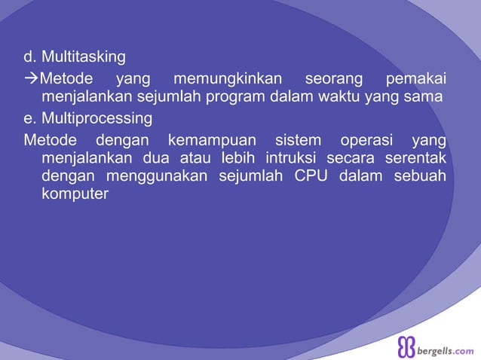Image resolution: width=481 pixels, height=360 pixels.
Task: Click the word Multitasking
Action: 84,57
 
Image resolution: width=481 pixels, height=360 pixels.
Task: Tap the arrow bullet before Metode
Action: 31,78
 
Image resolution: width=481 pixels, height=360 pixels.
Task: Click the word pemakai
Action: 415,78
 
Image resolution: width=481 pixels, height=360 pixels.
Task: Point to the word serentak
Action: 412,158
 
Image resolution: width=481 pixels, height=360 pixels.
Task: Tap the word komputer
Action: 75,194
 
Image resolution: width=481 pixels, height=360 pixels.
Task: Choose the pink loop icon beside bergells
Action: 406,346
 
